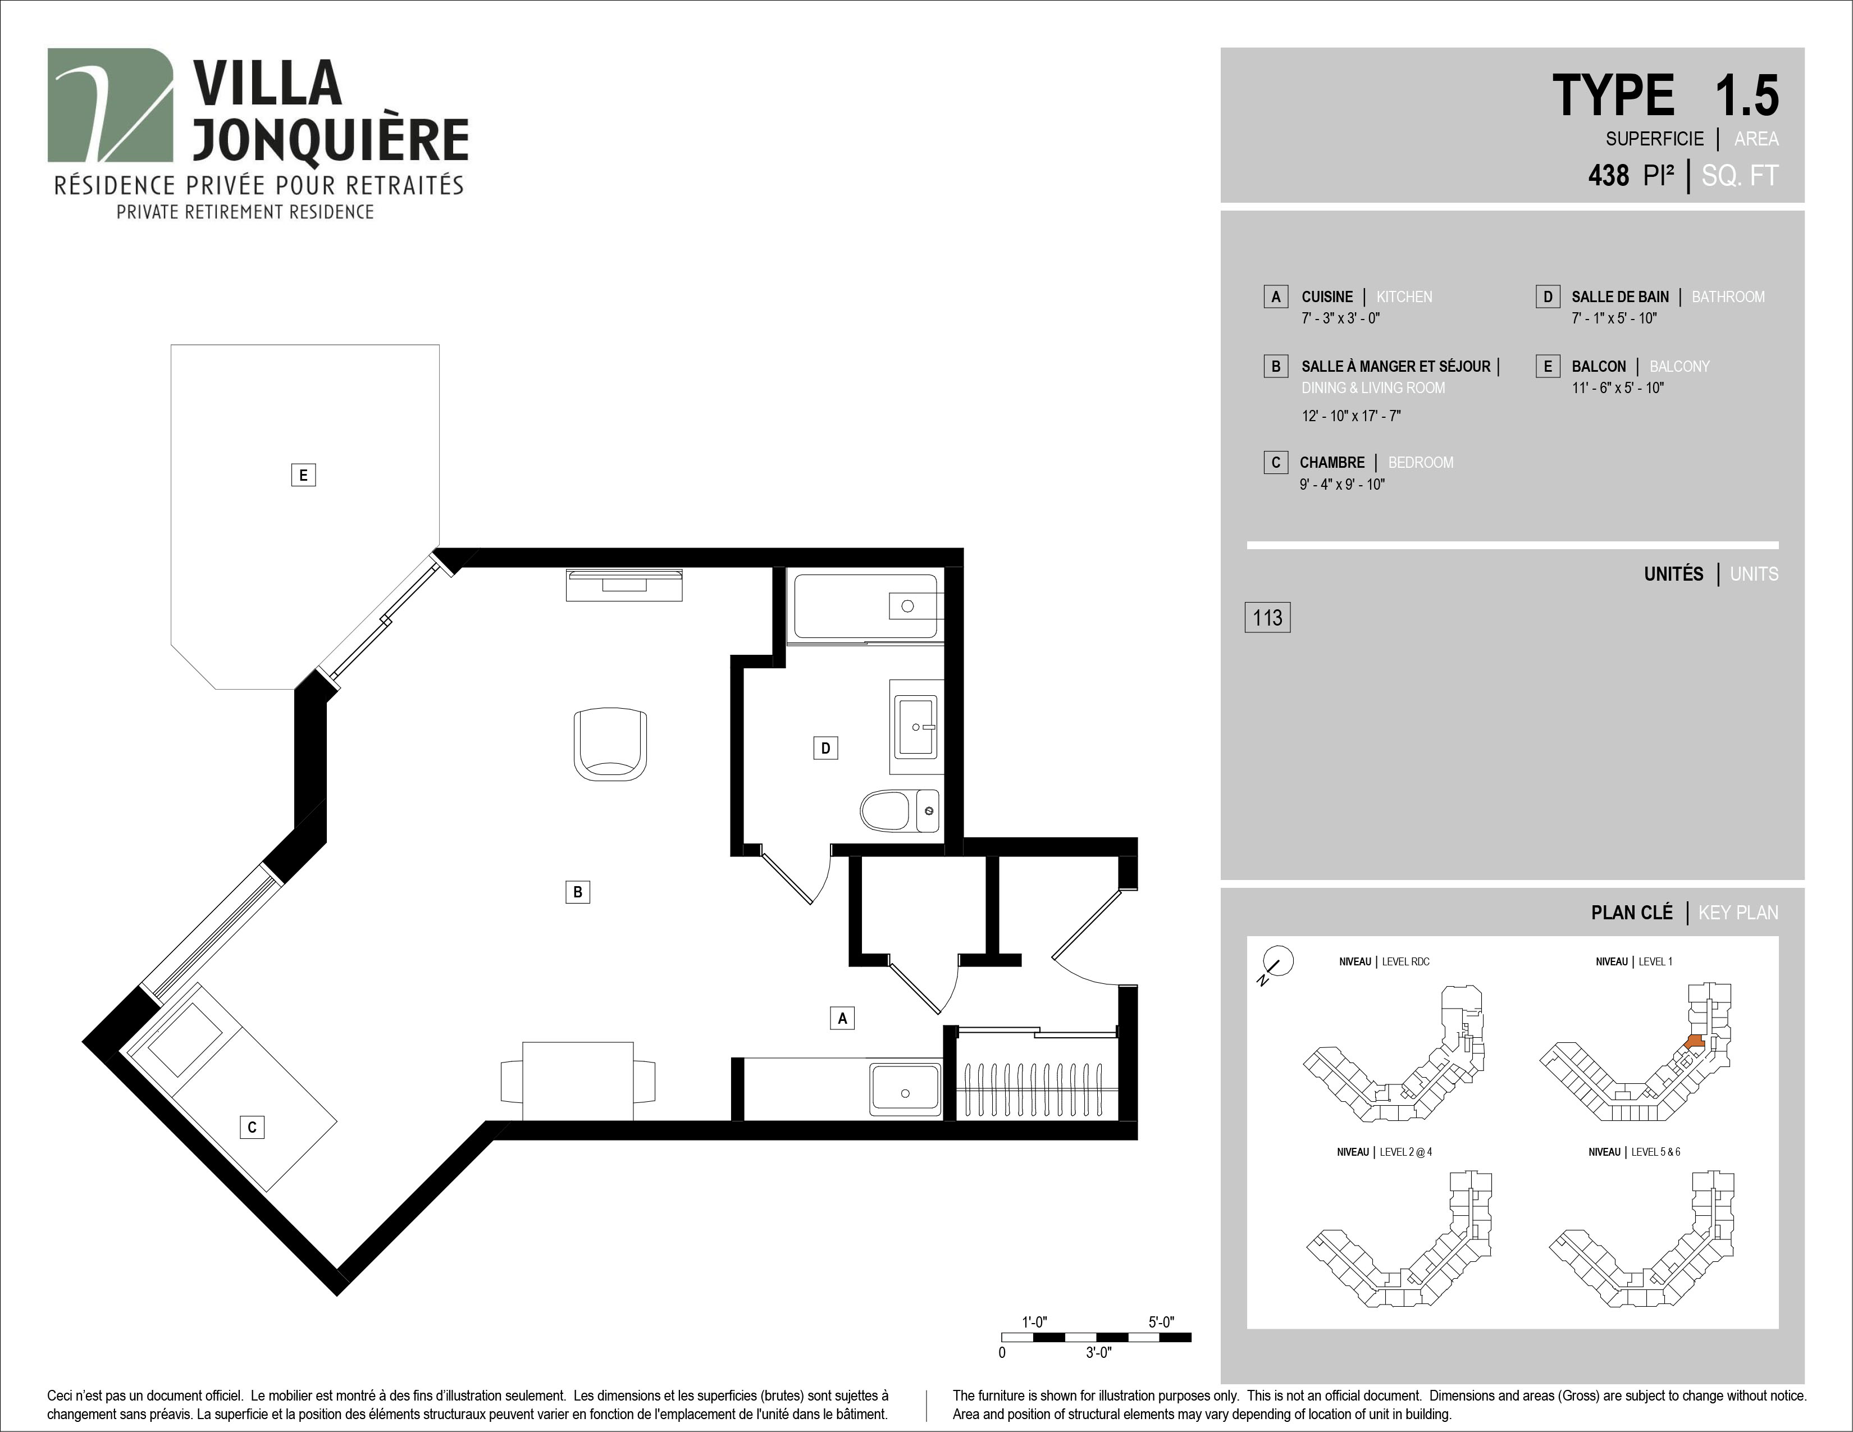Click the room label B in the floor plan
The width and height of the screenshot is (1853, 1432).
(x=578, y=892)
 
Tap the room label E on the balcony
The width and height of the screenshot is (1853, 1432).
(x=303, y=475)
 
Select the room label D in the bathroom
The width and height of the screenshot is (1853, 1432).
(x=825, y=747)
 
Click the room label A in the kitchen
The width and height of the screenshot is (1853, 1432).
(x=842, y=1018)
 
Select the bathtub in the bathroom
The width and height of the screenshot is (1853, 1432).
(x=865, y=606)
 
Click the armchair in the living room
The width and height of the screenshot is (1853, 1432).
(x=610, y=744)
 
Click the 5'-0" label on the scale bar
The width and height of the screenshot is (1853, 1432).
(x=1162, y=1322)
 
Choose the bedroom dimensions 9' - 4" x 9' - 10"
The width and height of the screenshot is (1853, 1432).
(x=1342, y=485)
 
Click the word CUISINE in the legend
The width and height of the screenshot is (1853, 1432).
(x=1327, y=297)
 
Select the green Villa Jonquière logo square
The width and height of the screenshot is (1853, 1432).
(x=110, y=105)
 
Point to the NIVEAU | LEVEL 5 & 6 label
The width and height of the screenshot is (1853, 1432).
(x=1634, y=1152)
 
